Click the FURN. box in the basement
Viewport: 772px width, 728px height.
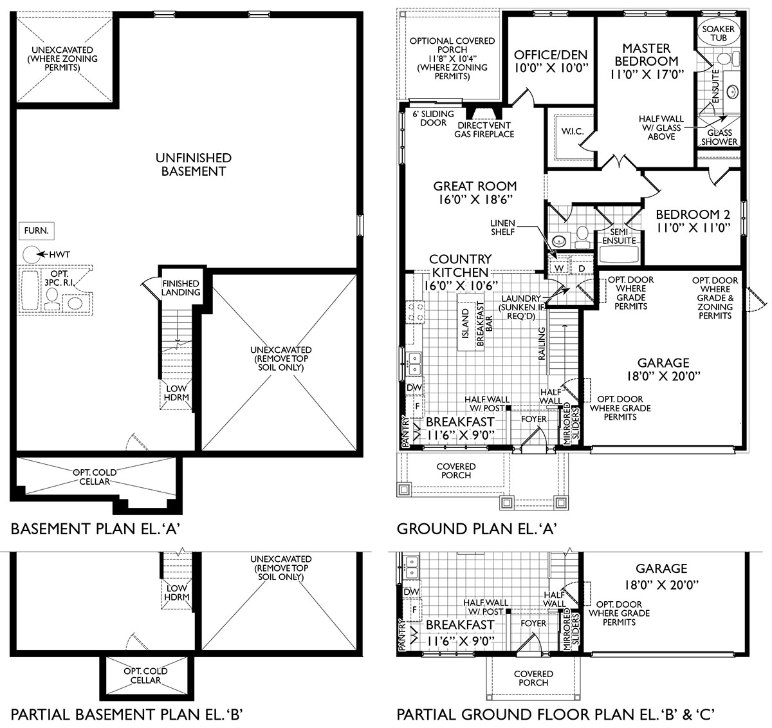point(36,230)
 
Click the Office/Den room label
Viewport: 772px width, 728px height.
point(552,61)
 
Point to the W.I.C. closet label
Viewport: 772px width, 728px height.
point(572,132)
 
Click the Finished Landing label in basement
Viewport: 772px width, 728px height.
point(181,288)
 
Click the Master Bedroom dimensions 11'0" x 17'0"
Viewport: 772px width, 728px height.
point(646,74)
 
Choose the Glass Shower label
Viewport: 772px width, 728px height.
point(719,137)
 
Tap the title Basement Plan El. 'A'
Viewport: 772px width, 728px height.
point(95,529)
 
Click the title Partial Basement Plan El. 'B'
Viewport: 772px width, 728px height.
point(126,714)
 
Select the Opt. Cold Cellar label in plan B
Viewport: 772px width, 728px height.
point(145,675)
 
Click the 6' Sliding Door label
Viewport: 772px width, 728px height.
point(429,118)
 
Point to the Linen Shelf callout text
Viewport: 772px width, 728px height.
point(503,227)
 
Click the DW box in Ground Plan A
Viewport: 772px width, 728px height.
point(415,387)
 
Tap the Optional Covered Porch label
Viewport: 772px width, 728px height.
point(452,59)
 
